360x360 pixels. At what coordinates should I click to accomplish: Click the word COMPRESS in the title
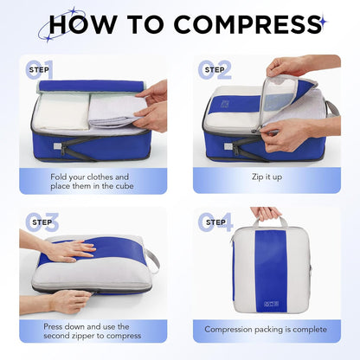pyautogui.click(x=247, y=24)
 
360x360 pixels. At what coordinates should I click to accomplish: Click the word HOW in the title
pyautogui.click(x=83, y=24)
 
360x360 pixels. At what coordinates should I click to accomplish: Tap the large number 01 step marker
pyautogui.click(x=40, y=69)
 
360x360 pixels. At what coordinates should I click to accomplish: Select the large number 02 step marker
pyautogui.click(x=215, y=69)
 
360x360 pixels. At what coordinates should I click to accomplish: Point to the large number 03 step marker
pyautogui.click(x=42, y=222)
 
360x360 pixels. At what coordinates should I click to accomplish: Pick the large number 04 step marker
pyautogui.click(x=215, y=222)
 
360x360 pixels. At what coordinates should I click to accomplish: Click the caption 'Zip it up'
pyautogui.click(x=267, y=177)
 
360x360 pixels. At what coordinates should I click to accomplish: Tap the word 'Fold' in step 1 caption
pyautogui.click(x=58, y=177)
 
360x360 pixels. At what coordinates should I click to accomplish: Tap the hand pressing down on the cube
pyautogui.click(x=69, y=251)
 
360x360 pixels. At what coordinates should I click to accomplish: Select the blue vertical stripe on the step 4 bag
pyautogui.click(x=271, y=271)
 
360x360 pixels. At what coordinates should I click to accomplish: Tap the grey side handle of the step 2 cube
pyautogui.click(x=332, y=109)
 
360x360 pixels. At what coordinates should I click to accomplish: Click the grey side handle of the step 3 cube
pyautogui.click(x=153, y=261)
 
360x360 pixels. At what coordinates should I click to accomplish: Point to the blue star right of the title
pyautogui.click(x=324, y=22)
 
